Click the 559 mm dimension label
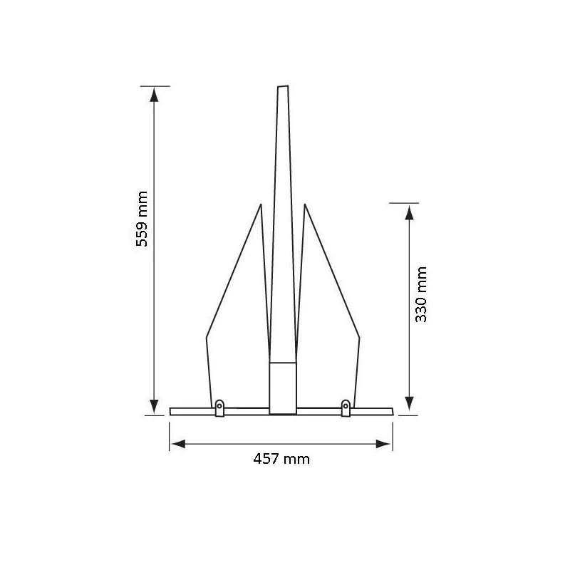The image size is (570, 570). coord(142,219)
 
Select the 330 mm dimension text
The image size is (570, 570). coord(421,294)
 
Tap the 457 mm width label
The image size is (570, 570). coord(281,459)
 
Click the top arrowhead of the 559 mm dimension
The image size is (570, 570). coord(154,95)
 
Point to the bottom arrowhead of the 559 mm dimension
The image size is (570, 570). coord(154,406)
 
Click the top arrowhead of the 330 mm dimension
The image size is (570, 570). coord(409,212)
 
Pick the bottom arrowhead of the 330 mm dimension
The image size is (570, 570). coord(409,404)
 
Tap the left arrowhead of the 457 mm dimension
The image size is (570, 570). coord(178,444)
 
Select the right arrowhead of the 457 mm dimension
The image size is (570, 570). coord(383,444)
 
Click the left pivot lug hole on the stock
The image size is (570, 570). coord(219,406)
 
